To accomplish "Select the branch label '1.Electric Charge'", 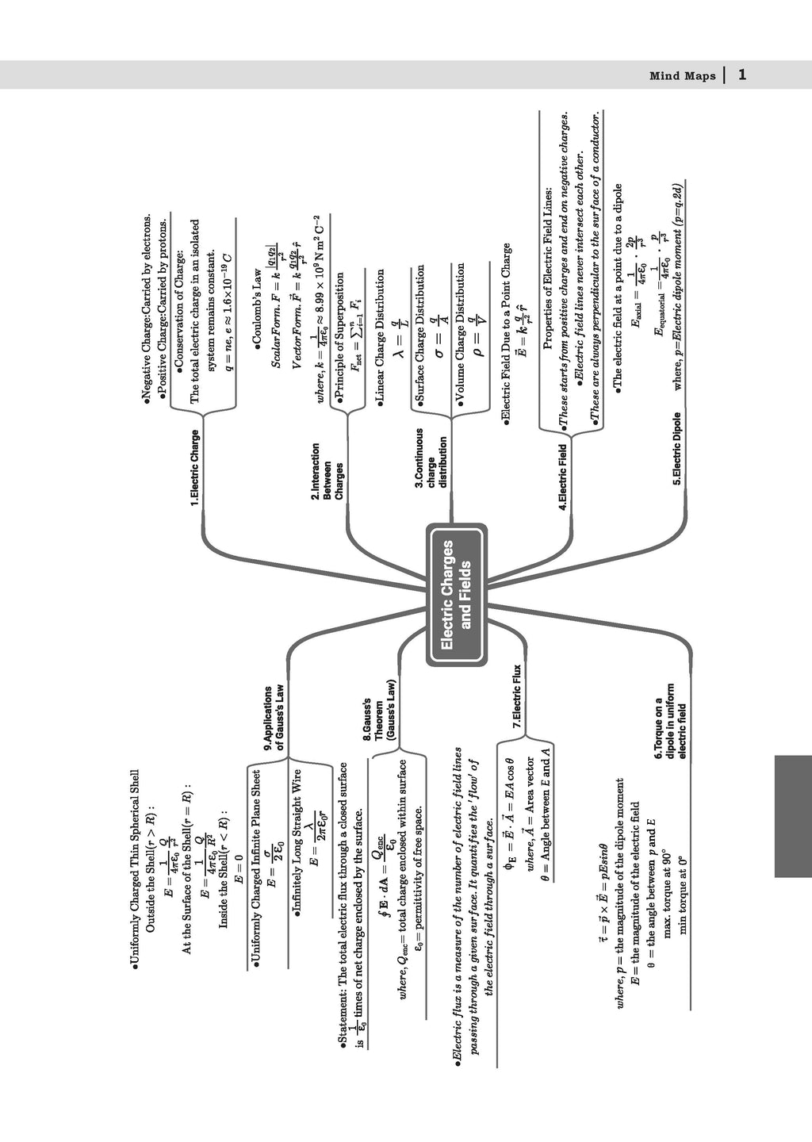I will tap(195, 468).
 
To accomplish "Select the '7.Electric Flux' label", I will tap(517, 697).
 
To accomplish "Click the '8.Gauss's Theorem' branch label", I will tap(379, 719).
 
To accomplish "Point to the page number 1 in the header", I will tap(741, 75).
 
